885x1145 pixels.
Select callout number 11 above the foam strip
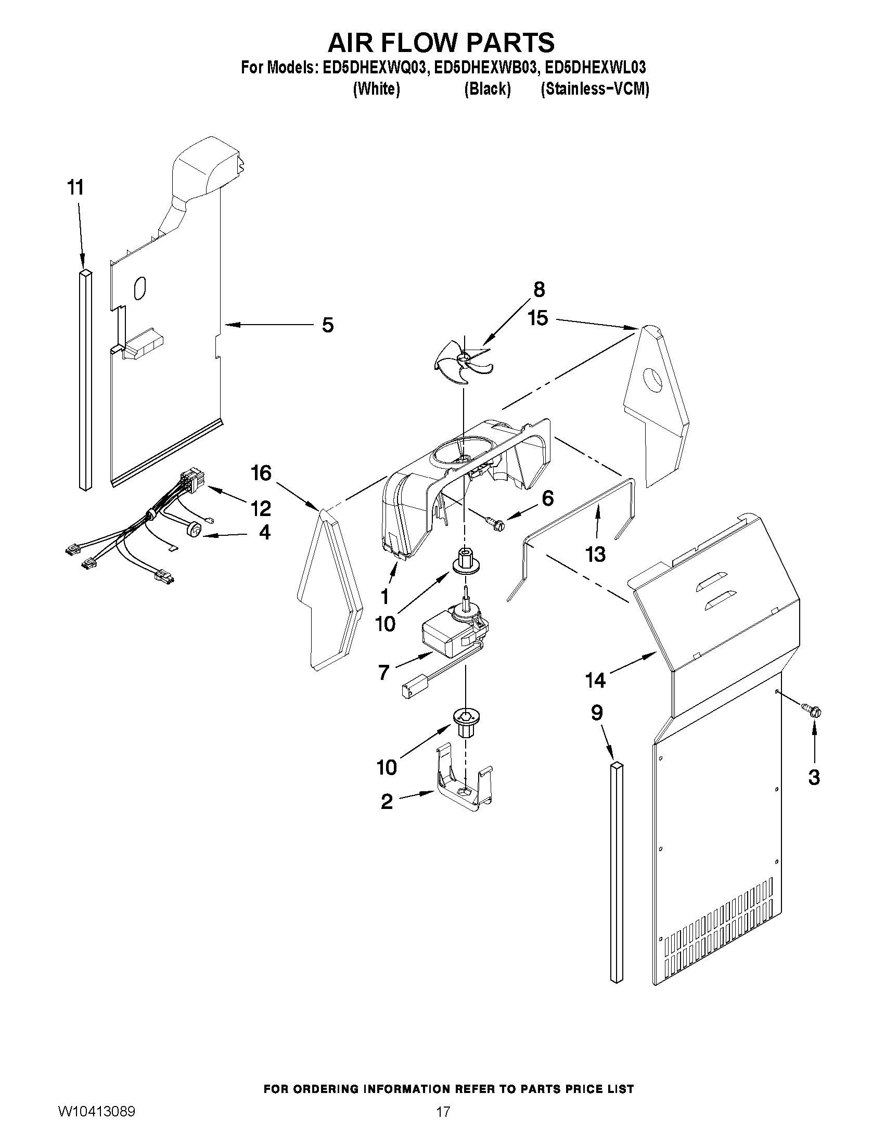point(76,187)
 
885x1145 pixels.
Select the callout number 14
point(596,680)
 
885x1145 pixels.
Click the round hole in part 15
point(653,380)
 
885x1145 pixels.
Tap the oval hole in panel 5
point(140,288)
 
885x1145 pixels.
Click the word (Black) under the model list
point(487,89)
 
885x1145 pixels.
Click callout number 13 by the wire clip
point(596,554)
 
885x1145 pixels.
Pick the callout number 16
point(261,473)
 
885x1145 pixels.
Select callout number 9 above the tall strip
point(597,713)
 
